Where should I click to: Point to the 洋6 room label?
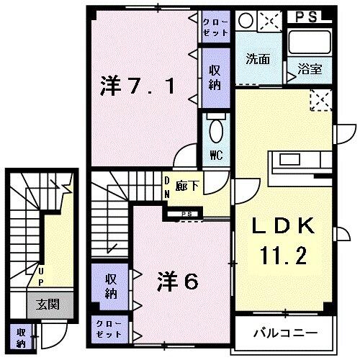point(177,280)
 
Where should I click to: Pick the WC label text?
point(215,154)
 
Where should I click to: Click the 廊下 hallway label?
point(193,183)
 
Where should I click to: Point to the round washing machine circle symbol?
point(247,20)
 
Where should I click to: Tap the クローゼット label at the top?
point(215,27)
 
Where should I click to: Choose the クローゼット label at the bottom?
point(109,329)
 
